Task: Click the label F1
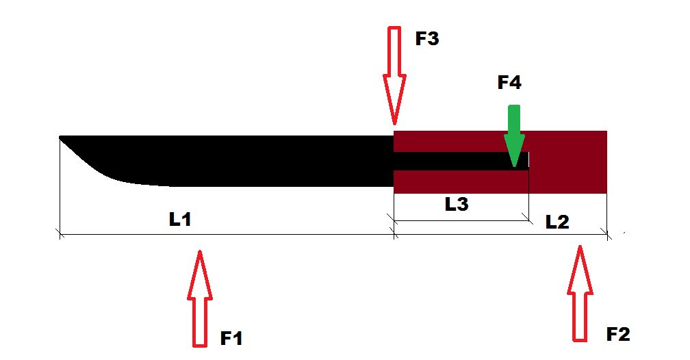pyautogui.click(x=231, y=338)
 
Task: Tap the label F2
pyautogui.click(x=618, y=334)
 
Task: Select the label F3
pyautogui.click(x=427, y=38)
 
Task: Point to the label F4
pyautogui.click(x=509, y=82)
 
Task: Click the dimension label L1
pyautogui.click(x=180, y=219)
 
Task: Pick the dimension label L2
pyautogui.click(x=557, y=222)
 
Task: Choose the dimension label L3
pyautogui.click(x=457, y=204)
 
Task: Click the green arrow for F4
pyautogui.click(x=514, y=136)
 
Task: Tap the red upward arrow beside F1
pyautogui.click(x=200, y=299)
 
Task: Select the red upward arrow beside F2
pyautogui.click(x=580, y=294)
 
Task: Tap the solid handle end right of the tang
pyautogui.click(x=567, y=162)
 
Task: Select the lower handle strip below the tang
pyautogui.click(x=461, y=182)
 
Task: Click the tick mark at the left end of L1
pyautogui.click(x=60, y=233)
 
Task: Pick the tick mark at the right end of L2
pyautogui.click(x=607, y=233)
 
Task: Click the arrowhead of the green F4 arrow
pyautogui.click(x=514, y=151)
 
